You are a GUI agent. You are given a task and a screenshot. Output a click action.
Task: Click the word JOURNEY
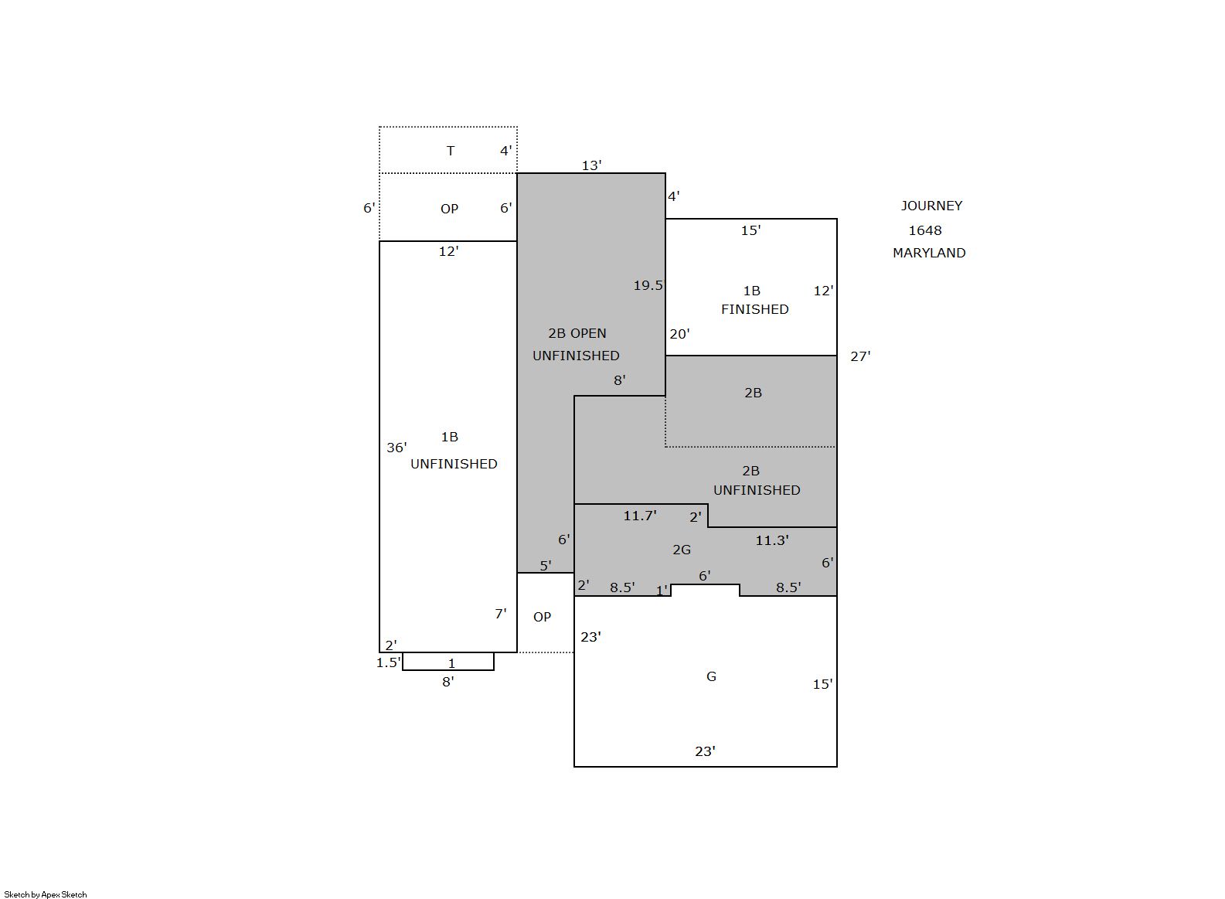[931, 206]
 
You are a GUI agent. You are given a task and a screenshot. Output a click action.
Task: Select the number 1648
[925, 230]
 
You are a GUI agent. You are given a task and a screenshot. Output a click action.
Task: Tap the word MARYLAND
[929, 253]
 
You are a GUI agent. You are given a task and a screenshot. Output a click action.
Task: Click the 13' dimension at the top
[592, 165]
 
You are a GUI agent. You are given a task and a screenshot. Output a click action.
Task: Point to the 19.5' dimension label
[648, 285]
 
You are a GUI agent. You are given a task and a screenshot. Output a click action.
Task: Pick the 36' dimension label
[396, 448]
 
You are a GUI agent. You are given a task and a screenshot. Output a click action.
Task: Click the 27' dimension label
[860, 356]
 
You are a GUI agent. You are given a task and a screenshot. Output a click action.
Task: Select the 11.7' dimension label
[640, 515]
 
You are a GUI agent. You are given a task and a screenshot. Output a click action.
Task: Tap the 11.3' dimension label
[771, 540]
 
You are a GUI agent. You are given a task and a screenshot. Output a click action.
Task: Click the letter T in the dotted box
[451, 151]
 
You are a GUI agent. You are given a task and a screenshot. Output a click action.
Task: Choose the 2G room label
[682, 550]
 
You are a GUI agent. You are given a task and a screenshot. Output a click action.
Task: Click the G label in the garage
[711, 676]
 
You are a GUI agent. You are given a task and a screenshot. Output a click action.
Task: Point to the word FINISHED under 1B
[754, 309]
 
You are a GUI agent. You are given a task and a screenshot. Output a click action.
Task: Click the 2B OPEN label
[577, 333]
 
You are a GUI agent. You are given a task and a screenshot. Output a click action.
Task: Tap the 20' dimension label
[680, 334]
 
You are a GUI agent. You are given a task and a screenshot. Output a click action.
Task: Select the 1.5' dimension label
[389, 662]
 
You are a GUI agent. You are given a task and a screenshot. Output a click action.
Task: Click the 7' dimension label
[500, 614]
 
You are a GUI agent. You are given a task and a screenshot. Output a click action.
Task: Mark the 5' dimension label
[546, 565]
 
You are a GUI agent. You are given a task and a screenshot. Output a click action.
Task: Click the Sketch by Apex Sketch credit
[46, 894]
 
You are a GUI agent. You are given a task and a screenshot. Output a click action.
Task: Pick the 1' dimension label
[662, 590]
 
